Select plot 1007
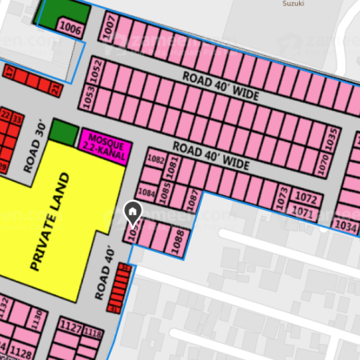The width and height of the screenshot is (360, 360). tap(110, 30)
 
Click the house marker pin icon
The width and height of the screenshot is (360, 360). tap(132, 214)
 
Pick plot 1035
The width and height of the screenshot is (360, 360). tap(330, 139)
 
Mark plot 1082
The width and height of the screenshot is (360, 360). tap(155, 159)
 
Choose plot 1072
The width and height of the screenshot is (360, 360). tap(307, 197)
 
